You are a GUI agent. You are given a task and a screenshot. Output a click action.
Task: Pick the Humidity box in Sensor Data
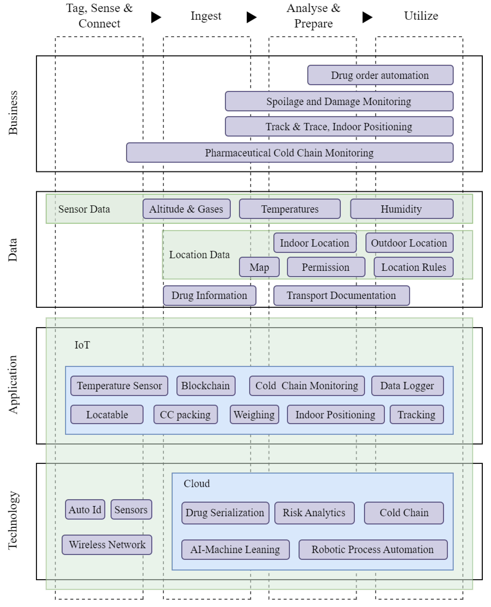[x=401, y=209]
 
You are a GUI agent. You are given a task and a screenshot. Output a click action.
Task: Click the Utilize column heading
[x=421, y=16]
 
